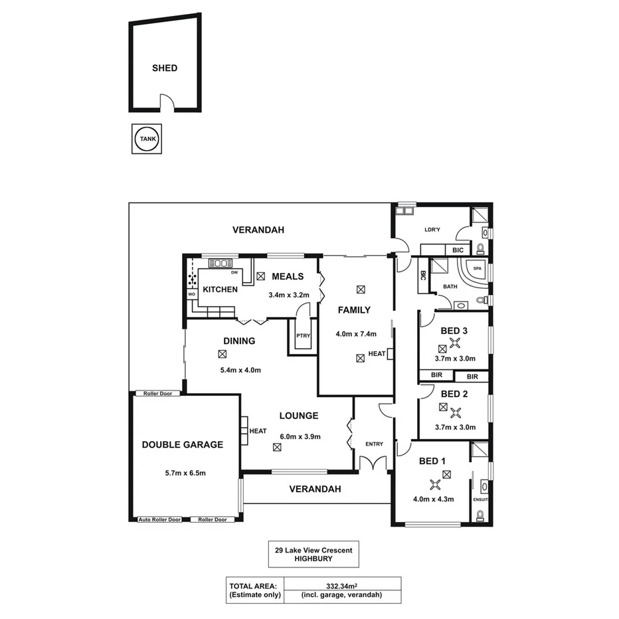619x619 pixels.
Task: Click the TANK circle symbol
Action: pyautogui.click(x=147, y=139)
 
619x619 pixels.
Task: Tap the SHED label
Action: pyautogui.click(x=165, y=68)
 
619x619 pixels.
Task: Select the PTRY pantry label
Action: pyautogui.click(x=303, y=336)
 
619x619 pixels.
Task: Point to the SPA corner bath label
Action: pyautogui.click(x=477, y=269)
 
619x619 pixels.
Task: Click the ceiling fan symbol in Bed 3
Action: pyautogui.click(x=455, y=343)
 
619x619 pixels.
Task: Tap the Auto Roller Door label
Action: pyautogui.click(x=160, y=519)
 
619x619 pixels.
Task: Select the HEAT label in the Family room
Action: pyautogui.click(x=377, y=354)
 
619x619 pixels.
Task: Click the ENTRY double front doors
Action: pyautogui.click(x=373, y=463)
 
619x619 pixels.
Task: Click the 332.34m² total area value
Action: pyautogui.click(x=342, y=586)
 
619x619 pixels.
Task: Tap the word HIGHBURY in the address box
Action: pyautogui.click(x=313, y=559)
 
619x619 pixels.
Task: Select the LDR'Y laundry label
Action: pyautogui.click(x=432, y=230)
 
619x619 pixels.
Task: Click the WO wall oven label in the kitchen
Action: pyautogui.click(x=191, y=293)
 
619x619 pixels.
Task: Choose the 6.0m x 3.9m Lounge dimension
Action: pyautogui.click(x=300, y=436)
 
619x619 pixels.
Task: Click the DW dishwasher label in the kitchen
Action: pyautogui.click(x=234, y=272)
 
